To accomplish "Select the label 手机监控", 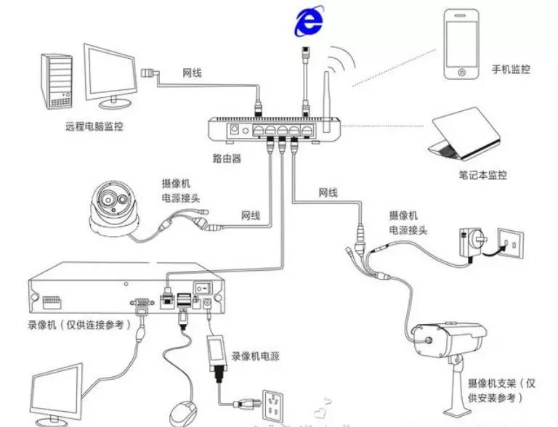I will [510, 70].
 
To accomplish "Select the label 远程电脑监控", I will [94, 126].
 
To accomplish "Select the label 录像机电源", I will [256, 357].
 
